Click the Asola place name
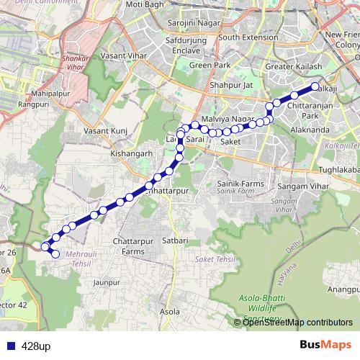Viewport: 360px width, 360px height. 170,312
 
